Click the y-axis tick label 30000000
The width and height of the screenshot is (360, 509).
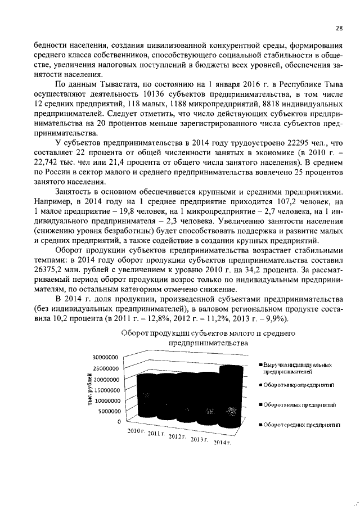tap(106, 357)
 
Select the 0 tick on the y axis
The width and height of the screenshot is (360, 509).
tap(119, 422)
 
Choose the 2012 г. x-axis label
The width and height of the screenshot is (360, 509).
tap(179, 436)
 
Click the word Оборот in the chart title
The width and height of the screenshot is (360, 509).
tap(137, 334)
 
